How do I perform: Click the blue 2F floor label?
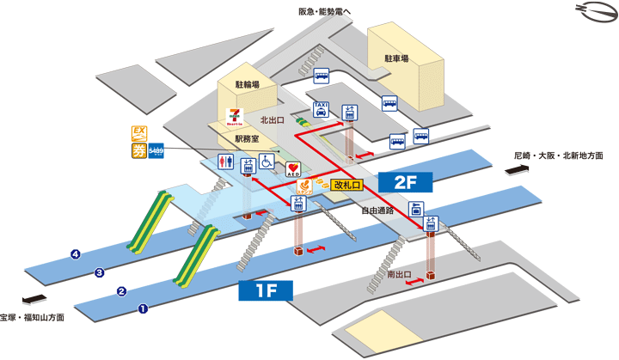pos(405,182)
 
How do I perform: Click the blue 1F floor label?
pos(266,290)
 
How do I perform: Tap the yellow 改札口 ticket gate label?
pos(349,184)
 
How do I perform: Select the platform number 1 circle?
pos(144,308)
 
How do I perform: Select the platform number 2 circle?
pos(121,290)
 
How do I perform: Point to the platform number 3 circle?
pos(100,273)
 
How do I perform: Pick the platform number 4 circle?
pos(77,254)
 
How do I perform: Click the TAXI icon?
pos(321,109)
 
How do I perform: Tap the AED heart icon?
pos(292,165)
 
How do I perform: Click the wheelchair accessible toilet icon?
pos(267,161)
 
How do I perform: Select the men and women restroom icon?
pos(225,161)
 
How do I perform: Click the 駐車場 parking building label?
pos(396,58)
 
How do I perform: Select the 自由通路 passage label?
pos(377,209)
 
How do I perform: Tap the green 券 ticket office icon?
pos(138,152)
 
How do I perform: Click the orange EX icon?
pos(138,133)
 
